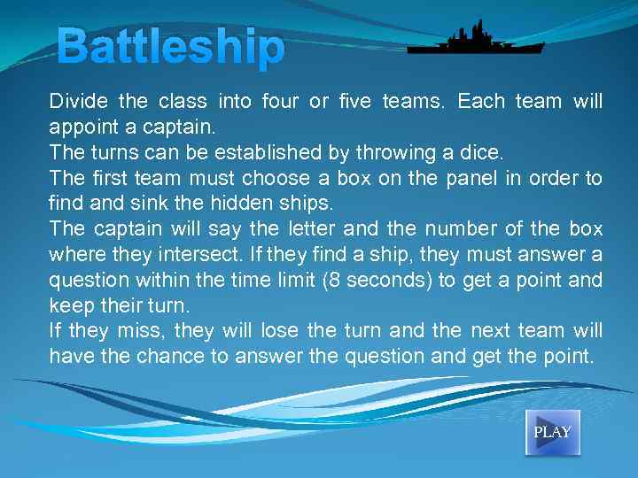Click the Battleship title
click(172, 49)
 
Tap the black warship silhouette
click(475, 40)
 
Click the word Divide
click(77, 102)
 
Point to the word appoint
click(82, 127)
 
